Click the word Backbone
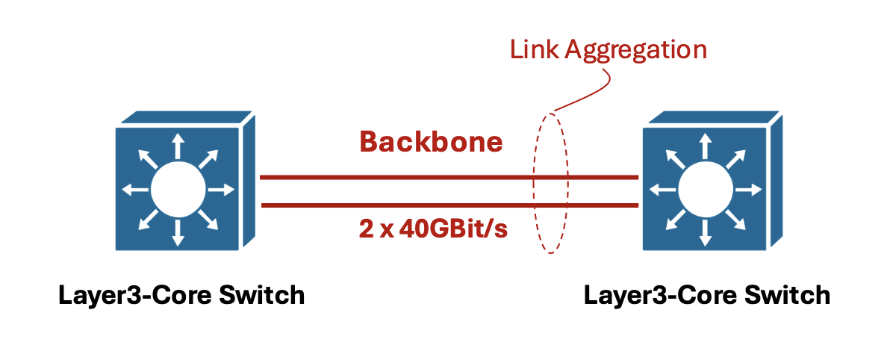point(431,141)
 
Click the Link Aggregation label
point(608,50)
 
